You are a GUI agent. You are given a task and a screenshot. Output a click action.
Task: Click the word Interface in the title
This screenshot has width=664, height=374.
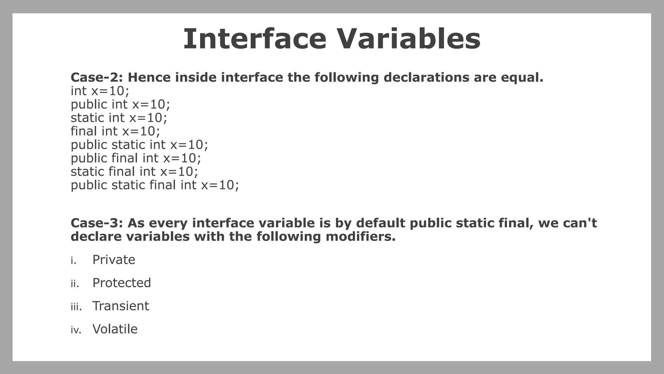[255, 39]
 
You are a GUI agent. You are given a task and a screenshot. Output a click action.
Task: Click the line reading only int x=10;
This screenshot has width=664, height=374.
[100, 91]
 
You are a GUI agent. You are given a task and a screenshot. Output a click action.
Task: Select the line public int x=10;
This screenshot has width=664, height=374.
[120, 105]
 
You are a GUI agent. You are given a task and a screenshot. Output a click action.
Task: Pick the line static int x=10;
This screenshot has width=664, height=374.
[119, 118]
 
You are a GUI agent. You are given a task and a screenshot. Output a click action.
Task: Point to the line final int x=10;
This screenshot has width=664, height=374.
[115, 131]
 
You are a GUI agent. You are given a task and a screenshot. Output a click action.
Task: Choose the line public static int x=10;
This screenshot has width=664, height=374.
[139, 145]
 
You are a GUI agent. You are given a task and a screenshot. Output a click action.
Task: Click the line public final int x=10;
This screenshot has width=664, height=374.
[136, 158]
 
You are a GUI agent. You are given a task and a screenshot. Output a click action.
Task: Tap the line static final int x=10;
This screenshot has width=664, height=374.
[134, 172]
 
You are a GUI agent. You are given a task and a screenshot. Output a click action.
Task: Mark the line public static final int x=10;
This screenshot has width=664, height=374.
[155, 185]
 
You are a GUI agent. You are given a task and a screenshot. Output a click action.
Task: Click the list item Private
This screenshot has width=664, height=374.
[114, 260]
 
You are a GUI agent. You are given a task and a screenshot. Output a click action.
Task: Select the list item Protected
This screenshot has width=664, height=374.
[122, 283]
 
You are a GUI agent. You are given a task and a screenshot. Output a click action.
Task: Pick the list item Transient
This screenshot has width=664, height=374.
[121, 306]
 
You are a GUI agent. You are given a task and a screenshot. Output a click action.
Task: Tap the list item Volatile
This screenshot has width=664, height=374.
[115, 329]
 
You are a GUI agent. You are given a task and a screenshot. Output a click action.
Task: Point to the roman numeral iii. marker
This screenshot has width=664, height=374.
[76, 307]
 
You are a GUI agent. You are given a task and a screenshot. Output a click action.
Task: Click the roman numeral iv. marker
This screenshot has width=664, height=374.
[76, 330]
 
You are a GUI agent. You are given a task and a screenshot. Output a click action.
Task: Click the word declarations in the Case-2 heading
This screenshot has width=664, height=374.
[426, 78]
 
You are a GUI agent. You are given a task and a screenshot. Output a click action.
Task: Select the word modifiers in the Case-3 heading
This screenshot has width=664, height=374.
[360, 237]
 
